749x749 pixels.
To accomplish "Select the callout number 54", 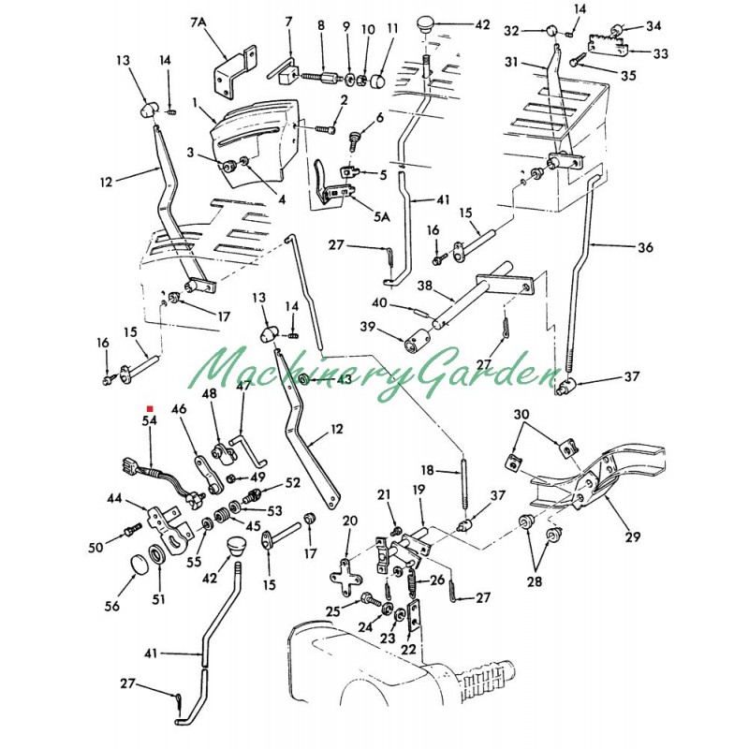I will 150,422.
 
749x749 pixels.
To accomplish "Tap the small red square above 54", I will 150,409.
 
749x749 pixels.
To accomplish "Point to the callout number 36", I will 646,248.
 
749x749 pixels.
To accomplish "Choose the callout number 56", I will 111,607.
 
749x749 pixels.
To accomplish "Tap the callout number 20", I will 349,521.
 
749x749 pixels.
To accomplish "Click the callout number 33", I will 661,53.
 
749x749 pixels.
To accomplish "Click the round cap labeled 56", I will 140,566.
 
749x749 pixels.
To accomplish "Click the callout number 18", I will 425,469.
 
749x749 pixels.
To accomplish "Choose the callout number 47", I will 242,385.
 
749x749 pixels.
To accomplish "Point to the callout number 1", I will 197,101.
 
